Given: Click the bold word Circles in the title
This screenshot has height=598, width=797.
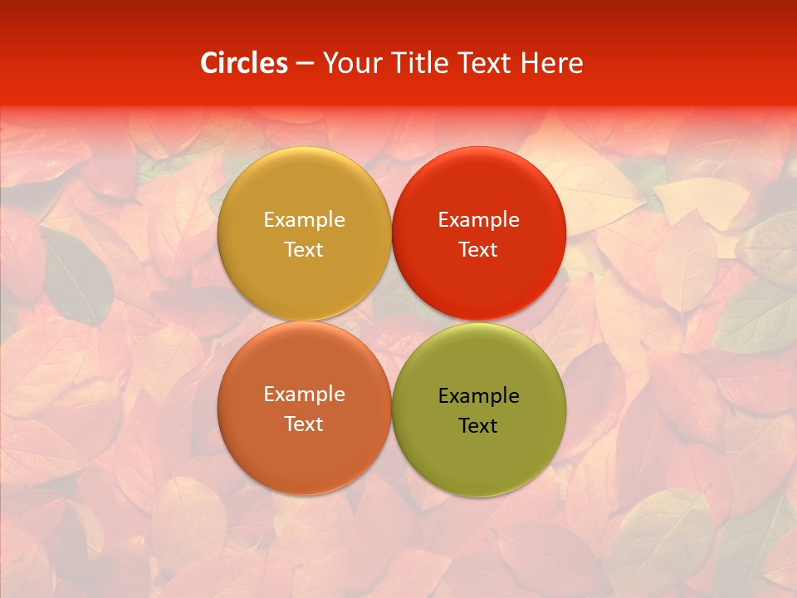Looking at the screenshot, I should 244,63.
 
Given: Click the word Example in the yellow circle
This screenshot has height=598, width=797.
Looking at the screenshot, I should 304,220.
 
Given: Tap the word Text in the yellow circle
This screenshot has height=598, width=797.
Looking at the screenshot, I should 304,250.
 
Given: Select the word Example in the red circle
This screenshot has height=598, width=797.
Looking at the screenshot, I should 478,220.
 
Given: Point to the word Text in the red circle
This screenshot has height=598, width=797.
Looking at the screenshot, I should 478,250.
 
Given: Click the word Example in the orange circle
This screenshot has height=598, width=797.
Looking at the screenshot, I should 304,395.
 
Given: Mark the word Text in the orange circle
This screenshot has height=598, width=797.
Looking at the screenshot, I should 304,424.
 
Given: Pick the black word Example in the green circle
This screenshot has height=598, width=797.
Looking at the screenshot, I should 478,396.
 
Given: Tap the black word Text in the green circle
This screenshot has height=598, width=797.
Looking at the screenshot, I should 478,426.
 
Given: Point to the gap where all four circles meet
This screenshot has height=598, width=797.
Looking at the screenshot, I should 391,321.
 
